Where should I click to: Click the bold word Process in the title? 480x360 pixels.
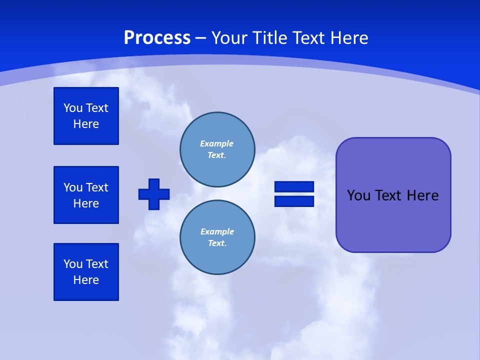(157, 38)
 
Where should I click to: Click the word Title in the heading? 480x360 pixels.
(268, 38)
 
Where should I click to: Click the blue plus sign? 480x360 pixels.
(154, 194)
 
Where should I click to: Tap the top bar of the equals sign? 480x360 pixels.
(294, 187)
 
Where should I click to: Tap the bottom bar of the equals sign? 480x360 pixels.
(294, 201)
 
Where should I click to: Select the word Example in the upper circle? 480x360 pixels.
(216, 143)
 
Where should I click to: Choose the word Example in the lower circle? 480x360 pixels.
(216, 231)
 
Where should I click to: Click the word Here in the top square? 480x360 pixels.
(86, 124)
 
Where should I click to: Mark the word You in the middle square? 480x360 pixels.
(73, 187)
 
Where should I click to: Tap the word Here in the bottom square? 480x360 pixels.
(86, 280)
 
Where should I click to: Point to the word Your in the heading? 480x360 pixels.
(228, 38)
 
